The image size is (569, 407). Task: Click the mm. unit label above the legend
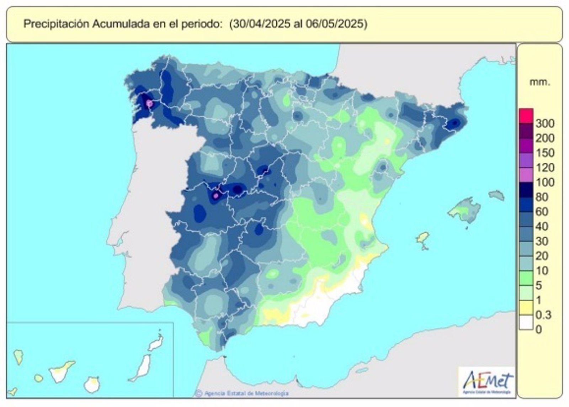coord(539,83)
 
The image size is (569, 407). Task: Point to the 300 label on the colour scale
coord(544,123)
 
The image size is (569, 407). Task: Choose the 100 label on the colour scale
coord(544,182)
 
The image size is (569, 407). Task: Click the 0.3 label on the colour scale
coord(543,315)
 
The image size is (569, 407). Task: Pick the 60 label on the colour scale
coord(542,212)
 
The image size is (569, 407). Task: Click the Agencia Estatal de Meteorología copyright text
coord(245,393)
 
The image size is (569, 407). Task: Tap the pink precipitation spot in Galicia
coord(150,104)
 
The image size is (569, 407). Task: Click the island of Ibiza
coord(422,238)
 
